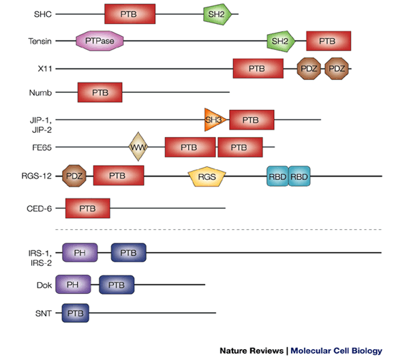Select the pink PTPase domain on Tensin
click(x=100, y=42)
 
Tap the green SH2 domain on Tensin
click(x=280, y=42)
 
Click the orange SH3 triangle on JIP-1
click(x=213, y=120)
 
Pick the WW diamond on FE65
click(x=139, y=147)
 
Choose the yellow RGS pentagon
click(x=207, y=177)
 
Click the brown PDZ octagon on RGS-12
click(x=74, y=176)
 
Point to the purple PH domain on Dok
click(x=73, y=284)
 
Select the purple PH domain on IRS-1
click(x=80, y=254)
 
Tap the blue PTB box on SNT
click(x=75, y=313)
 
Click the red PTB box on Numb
click(x=100, y=91)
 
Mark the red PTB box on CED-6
click(x=87, y=208)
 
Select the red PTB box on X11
click(x=256, y=69)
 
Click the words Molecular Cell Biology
click(x=336, y=351)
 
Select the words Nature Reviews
click(x=252, y=351)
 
